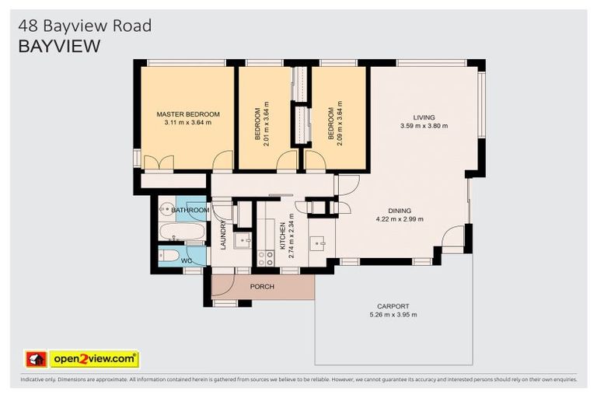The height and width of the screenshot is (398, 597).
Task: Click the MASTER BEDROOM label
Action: click(x=188, y=114)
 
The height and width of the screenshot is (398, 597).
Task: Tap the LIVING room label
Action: click(x=424, y=117)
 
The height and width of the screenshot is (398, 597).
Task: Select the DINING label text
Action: click(x=400, y=210)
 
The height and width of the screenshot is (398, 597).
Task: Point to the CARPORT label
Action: click(x=393, y=306)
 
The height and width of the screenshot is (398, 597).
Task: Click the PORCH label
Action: click(x=262, y=287)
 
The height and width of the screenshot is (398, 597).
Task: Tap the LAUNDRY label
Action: click(x=223, y=236)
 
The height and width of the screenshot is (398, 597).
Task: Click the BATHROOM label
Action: click(x=190, y=210)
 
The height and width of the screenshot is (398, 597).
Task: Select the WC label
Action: click(x=187, y=261)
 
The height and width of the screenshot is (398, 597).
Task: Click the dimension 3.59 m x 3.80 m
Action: click(x=424, y=126)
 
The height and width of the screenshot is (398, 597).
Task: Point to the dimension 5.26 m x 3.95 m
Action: click(x=393, y=315)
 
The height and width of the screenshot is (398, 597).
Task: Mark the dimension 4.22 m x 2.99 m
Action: click(x=400, y=218)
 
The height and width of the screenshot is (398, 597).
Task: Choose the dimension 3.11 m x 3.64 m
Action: click(x=188, y=123)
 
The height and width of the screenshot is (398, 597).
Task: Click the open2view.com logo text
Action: click(x=93, y=359)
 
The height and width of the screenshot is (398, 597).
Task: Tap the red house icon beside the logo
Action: click(x=36, y=359)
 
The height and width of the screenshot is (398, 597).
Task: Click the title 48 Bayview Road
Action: click(x=85, y=26)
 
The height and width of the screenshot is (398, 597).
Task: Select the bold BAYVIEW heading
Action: click(x=59, y=46)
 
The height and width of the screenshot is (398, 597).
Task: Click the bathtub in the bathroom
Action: click(x=182, y=232)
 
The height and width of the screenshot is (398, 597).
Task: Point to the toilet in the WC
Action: click(x=169, y=255)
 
